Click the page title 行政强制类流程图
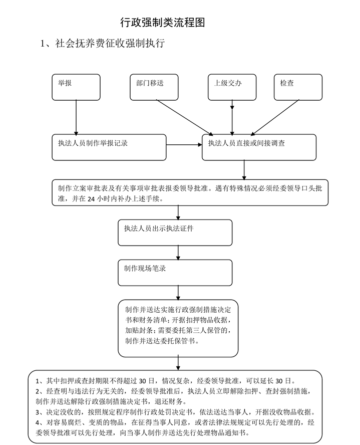(x=162, y=23)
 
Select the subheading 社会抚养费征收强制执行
(x=110, y=44)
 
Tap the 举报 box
(x=76, y=87)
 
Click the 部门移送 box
(x=154, y=87)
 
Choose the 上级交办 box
(x=232, y=87)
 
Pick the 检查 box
(x=298, y=87)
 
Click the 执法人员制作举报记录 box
(x=109, y=147)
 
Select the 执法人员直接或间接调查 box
(x=259, y=147)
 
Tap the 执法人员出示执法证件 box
(x=175, y=233)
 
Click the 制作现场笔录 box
(x=175, y=273)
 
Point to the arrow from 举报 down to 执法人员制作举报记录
(x=76, y=117)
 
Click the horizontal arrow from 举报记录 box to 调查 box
(x=184, y=145)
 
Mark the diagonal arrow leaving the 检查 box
(x=275, y=117)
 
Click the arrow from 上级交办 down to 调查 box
(x=232, y=117)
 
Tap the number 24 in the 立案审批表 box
(x=91, y=199)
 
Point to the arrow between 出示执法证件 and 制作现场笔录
(x=178, y=253)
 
